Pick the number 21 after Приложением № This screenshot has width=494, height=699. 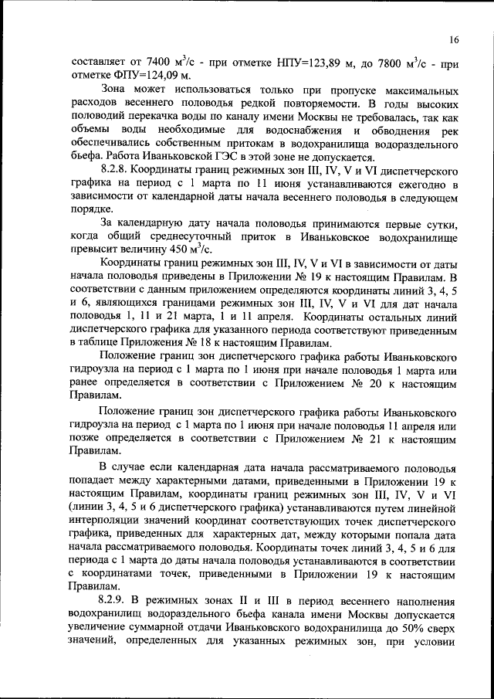371,437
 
